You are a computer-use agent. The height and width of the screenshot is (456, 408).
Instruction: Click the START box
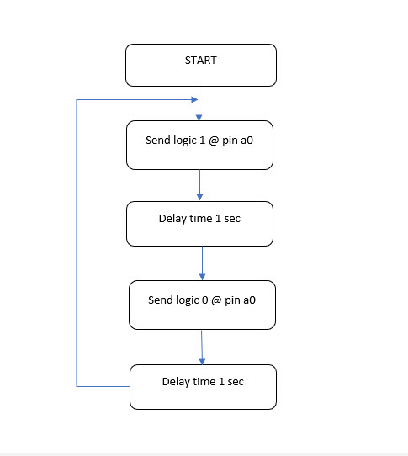click(x=201, y=65)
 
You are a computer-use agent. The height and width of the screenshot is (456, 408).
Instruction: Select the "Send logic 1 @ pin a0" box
click(x=199, y=145)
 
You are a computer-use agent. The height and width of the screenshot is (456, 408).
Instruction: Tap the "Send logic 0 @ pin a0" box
click(x=202, y=305)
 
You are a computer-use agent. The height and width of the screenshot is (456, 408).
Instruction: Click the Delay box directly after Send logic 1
click(x=199, y=224)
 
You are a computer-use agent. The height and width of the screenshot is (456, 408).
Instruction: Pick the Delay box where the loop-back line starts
click(x=203, y=387)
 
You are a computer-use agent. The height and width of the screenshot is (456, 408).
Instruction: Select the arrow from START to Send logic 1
click(x=199, y=103)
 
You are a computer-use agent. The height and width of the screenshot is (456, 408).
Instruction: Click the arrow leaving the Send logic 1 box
click(x=199, y=185)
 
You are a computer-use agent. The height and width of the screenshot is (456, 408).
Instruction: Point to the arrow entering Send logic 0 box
click(x=203, y=263)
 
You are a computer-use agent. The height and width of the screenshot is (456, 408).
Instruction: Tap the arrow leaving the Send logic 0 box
click(x=202, y=347)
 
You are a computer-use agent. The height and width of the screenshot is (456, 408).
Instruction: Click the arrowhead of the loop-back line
click(x=194, y=100)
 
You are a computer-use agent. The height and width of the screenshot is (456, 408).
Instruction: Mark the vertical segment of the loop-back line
click(x=77, y=243)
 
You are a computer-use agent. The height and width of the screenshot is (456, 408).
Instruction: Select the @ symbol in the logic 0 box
click(x=216, y=300)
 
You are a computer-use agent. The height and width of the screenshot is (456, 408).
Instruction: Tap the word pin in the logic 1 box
click(x=230, y=141)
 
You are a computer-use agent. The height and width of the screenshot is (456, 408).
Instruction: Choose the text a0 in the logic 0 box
click(x=249, y=300)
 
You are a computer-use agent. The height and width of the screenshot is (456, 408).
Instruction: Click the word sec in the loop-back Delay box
click(x=236, y=382)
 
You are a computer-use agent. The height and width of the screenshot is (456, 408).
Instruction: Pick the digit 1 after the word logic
click(x=203, y=141)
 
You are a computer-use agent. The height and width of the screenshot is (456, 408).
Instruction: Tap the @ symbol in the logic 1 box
click(x=214, y=141)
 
